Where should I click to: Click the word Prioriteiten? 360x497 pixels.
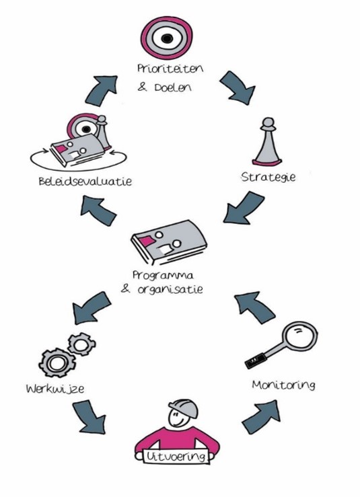tap(170, 69)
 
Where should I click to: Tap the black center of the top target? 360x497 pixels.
tap(166, 38)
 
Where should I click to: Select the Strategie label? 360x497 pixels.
tap(268, 177)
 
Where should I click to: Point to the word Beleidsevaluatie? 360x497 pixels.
tap(85, 182)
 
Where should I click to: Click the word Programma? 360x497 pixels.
tap(163, 275)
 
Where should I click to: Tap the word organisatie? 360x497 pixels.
tap(170, 289)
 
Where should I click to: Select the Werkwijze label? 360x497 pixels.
tap(55, 389)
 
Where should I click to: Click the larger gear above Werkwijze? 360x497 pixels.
tap(57, 362)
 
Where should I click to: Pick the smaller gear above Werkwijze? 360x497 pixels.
tap(82, 344)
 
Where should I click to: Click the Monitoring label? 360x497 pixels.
tap(283, 385)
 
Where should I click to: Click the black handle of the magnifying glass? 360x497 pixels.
tap(255, 360)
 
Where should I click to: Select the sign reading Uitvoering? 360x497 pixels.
tap(176, 457)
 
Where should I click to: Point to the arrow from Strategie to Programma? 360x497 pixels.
tap(244, 208)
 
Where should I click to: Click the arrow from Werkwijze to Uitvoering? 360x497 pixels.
tap(89, 417)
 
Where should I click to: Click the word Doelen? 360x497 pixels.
tap(173, 87)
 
